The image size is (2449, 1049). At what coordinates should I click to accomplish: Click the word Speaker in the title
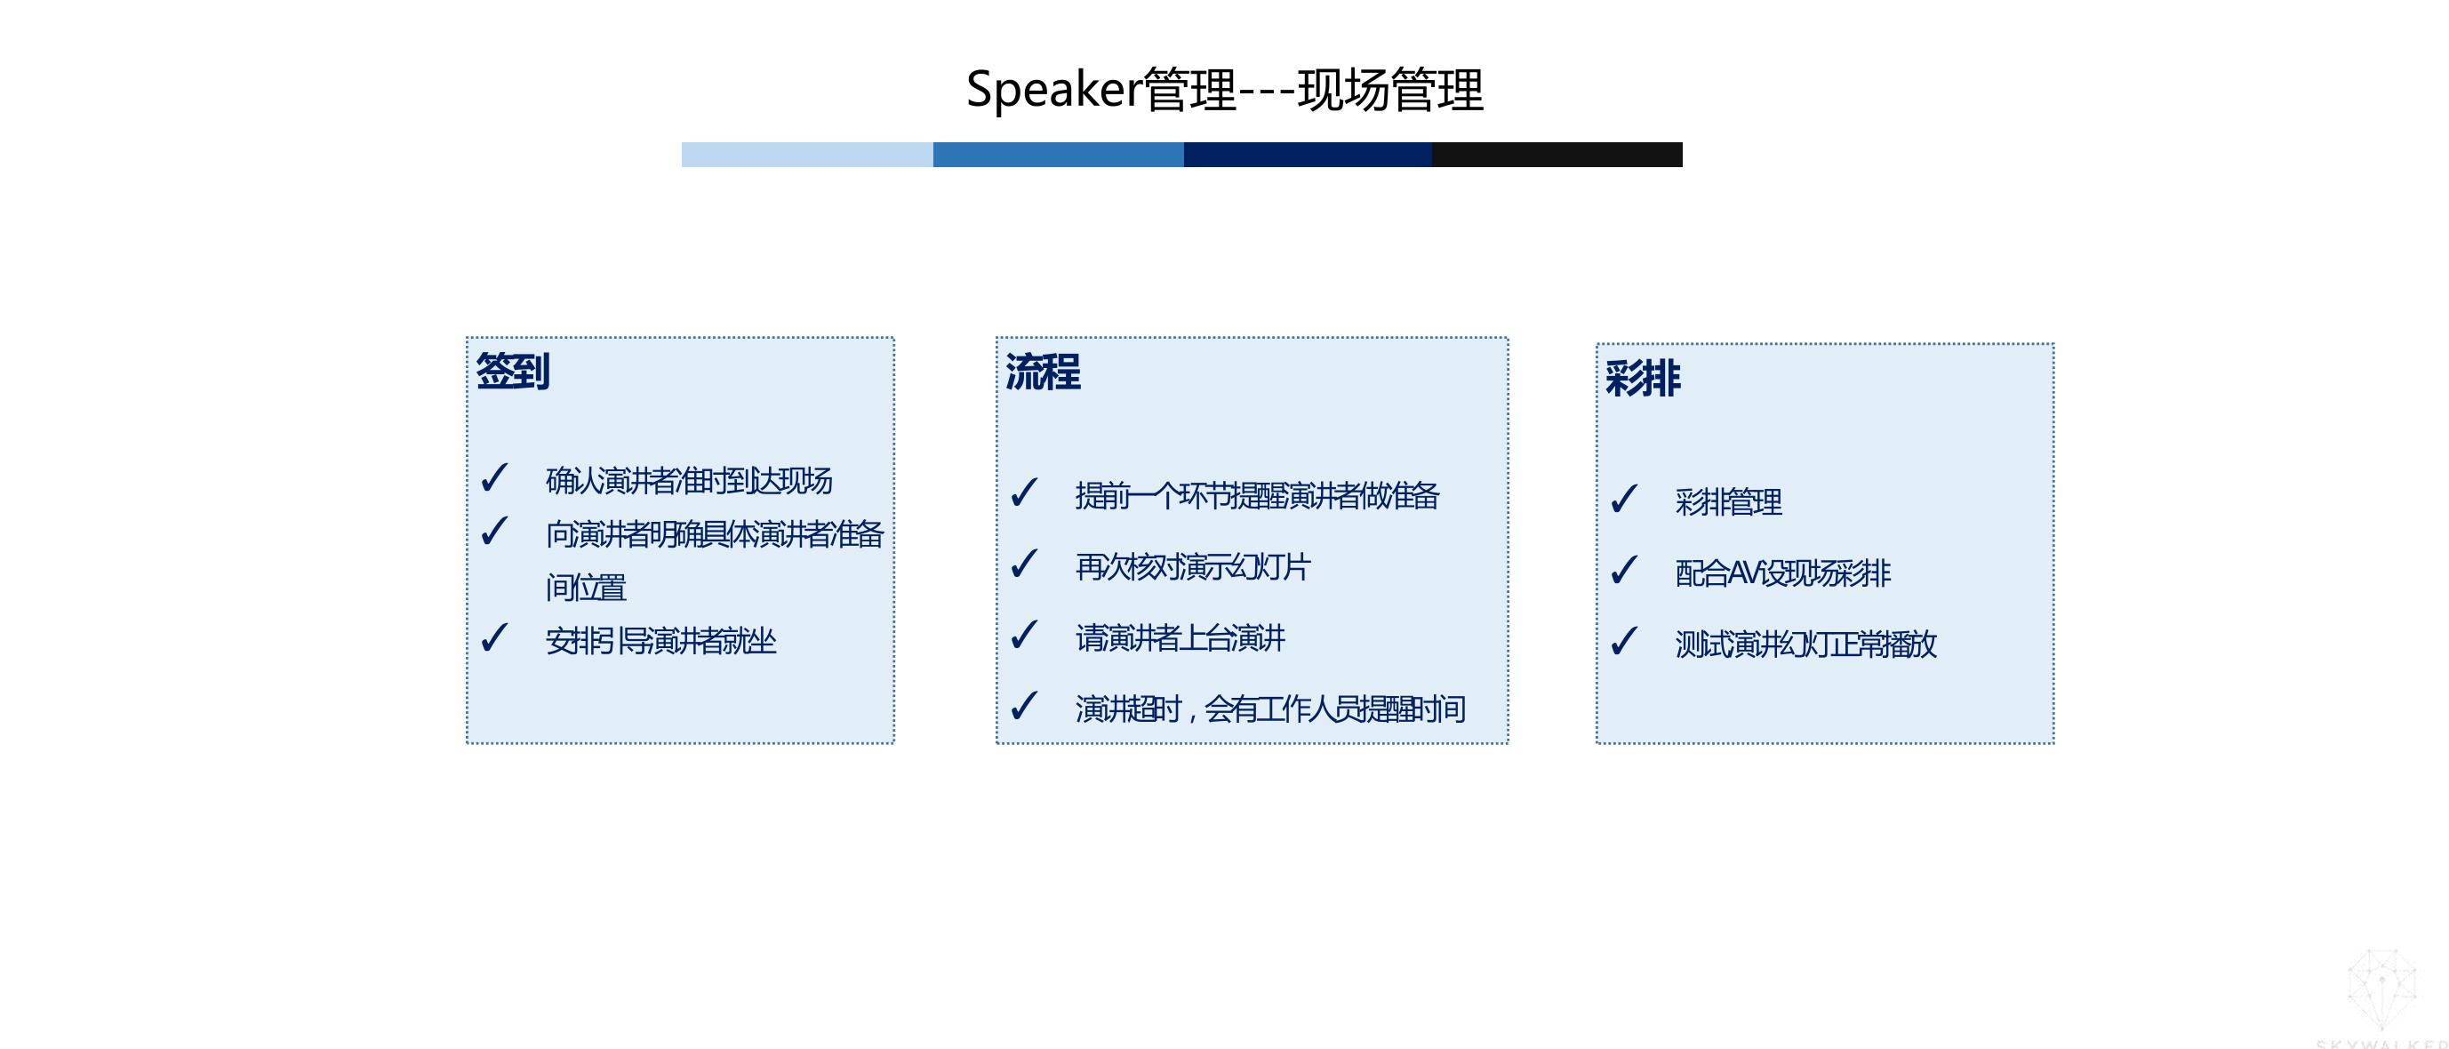point(1053,91)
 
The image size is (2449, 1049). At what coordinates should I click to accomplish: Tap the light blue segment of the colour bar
point(807,154)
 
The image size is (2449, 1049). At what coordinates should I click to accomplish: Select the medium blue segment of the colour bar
point(1058,154)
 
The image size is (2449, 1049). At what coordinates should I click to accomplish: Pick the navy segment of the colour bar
point(1309,154)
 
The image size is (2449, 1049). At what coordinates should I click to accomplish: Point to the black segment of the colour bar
point(1557,154)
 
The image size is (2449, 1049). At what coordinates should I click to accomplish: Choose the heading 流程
point(1043,372)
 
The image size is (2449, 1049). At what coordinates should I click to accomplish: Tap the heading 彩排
point(1643,379)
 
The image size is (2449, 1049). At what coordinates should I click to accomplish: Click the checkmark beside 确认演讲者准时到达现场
point(494,477)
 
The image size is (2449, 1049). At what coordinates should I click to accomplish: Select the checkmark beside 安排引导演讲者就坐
point(494,637)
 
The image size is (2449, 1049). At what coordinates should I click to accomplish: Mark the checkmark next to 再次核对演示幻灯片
point(1024,564)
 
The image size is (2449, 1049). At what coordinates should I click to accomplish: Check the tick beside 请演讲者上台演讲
point(1024,635)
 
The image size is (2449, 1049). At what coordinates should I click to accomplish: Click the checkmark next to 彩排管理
point(1624,499)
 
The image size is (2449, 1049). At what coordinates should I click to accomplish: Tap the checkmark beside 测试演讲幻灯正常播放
point(1624,641)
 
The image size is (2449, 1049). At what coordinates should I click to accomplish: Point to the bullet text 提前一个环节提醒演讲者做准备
point(1257,495)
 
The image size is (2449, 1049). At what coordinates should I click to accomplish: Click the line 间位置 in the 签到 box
point(586,588)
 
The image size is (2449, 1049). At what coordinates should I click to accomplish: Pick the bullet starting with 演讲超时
point(1270,709)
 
